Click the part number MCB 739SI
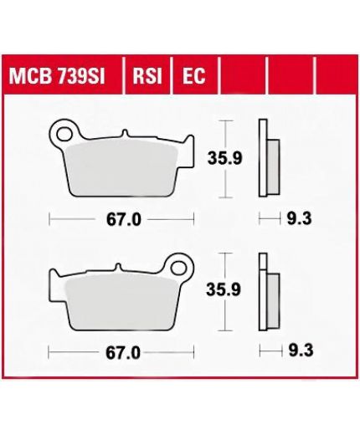[57, 76]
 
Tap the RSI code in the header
[147, 76]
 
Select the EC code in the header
[194, 76]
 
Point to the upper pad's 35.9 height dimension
[224, 159]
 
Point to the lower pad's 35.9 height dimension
[224, 290]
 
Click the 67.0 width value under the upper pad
[124, 220]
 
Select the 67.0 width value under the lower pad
[123, 353]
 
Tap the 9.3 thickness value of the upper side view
[299, 218]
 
